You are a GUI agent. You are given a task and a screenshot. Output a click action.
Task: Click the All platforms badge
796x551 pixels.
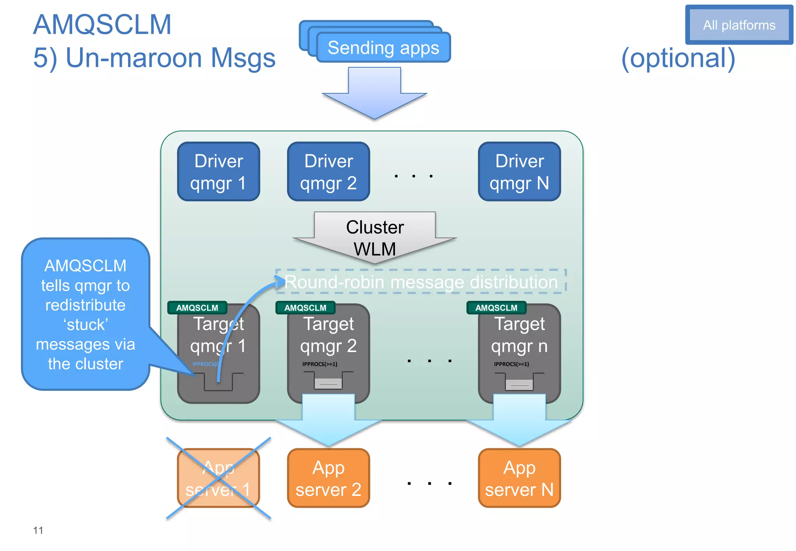coord(739,25)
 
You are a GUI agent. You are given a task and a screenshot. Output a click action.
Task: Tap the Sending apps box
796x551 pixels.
coord(383,48)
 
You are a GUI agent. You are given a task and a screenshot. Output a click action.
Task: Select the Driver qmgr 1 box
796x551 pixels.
coord(218,171)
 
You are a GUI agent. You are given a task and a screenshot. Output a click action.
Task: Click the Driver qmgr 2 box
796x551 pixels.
coord(328,171)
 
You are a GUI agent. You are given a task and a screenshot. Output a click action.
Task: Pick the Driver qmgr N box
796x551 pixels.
coord(519,171)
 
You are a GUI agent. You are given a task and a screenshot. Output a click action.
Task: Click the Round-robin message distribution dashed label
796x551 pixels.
coord(421,281)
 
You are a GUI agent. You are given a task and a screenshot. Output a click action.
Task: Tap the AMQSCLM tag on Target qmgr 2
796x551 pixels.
coord(305,308)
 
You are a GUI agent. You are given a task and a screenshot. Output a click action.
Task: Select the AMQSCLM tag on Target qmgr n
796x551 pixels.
coord(496,308)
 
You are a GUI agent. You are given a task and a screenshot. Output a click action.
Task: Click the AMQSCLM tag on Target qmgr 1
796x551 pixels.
coord(197,308)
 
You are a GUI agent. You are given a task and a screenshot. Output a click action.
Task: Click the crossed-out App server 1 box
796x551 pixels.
coord(218,478)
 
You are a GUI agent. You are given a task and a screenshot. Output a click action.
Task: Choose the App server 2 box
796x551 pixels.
coord(328,478)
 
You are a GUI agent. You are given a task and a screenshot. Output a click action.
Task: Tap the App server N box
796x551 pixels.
coord(519,478)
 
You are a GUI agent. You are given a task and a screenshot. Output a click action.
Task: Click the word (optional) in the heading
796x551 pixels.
coord(678,58)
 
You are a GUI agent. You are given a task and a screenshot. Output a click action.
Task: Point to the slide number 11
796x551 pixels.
coord(38,530)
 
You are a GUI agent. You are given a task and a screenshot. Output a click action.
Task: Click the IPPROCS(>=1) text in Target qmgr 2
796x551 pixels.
coord(320,364)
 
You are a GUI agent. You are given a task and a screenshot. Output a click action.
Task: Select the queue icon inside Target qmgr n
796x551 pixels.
coord(519,383)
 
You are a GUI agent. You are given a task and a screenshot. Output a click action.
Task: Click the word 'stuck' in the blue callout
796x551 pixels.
coord(86,324)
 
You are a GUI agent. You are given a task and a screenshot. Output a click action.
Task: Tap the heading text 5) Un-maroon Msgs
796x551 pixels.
coord(154,58)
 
